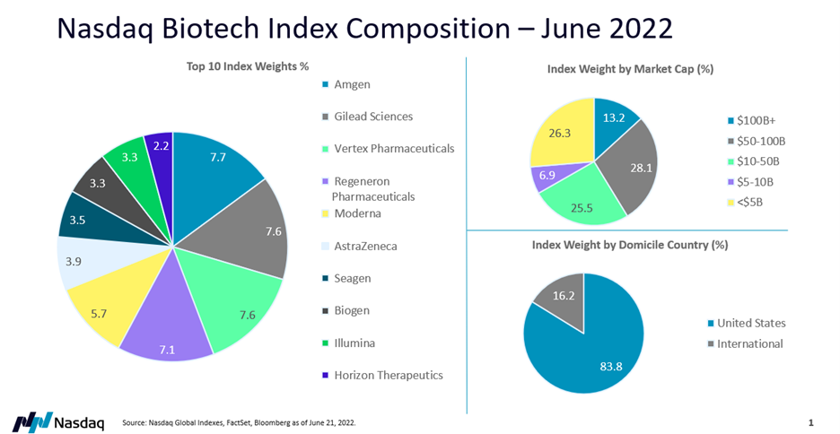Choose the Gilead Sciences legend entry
(x=373, y=117)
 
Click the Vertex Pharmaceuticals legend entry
(x=394, y=148)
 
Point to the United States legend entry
(x=750, y=323)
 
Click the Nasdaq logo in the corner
(x=58, y=421)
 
